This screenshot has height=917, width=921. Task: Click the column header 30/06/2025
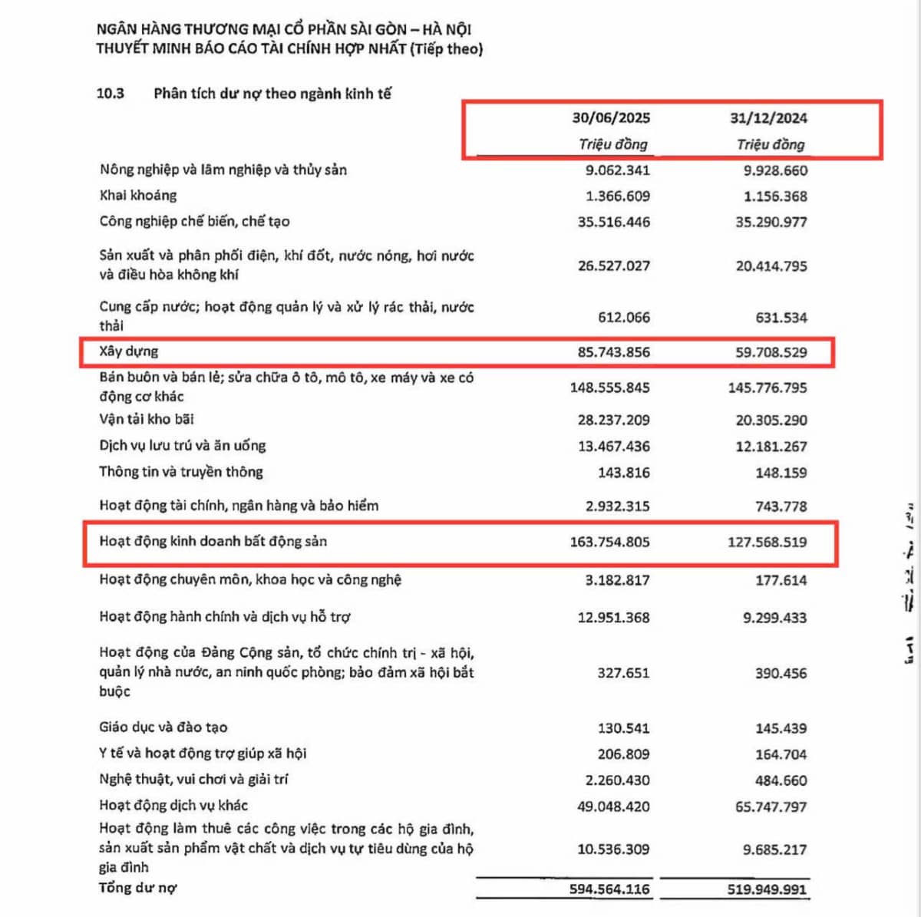(x=611, y=118)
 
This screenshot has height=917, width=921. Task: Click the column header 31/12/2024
(x=768, y=118)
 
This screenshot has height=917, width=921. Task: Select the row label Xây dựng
(x=129, y=351)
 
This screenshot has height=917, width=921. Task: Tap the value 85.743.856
(x=613, y=352)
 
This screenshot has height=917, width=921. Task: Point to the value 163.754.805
(x=609, y=542)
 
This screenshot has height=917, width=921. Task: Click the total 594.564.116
(x=609, y=889)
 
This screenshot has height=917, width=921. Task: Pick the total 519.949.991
(x=767, y=889)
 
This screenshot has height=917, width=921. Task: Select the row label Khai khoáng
(x=138, y=196)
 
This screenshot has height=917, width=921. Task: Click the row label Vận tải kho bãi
(x=147, y=419)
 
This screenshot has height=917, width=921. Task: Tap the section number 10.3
(x=110, y=94)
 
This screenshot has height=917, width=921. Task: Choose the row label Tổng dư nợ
(x=138, y=888)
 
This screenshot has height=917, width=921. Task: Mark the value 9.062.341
(x=617, y=170)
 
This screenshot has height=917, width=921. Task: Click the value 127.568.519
(x=767, y=542)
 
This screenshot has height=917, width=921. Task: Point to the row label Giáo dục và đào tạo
(x=163, y=727)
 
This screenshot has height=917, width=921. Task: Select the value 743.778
(x=781, y=506)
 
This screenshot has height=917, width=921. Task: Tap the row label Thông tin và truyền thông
(x=181, y=472)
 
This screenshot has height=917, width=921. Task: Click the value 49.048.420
(x=613, y=806)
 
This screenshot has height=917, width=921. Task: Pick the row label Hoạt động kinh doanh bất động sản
(x=213, y=541)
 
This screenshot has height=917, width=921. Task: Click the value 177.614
(x=781, y=580)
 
